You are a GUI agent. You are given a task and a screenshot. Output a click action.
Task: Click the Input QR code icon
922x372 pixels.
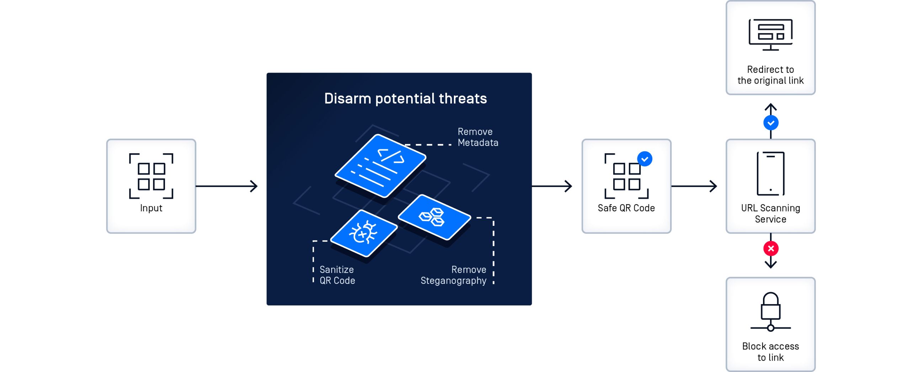pyautogui.click(x=151, y=176)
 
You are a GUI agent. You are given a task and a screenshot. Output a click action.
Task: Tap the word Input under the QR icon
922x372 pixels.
pyautogui.click(x=151, y=208)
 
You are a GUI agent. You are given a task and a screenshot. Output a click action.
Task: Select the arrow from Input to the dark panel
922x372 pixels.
pyautogui.click(x=227, y=186)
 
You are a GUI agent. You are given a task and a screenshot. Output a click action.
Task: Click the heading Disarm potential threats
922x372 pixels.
pyautogui.click(x=405, y=99)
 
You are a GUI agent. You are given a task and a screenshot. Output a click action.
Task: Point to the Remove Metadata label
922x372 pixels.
pyautogui.click(x=477, y=137)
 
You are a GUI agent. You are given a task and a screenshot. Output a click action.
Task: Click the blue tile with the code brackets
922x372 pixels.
pyautogui.click(x=380, y=166)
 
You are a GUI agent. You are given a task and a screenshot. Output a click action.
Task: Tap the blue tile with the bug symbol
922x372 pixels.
pyautogui.click(x=364, y=233)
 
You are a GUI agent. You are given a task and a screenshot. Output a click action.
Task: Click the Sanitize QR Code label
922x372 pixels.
pyautogui.click(x=337, y=275)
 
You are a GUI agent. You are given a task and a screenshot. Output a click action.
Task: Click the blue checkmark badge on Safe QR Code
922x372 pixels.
pyautogui.click(x=645, y=159)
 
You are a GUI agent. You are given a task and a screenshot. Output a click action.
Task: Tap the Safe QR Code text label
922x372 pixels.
pyautogui.click(x=626, y=208)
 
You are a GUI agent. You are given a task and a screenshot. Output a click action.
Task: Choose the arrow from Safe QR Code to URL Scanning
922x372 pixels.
pyautogui.click(x=694, y=186)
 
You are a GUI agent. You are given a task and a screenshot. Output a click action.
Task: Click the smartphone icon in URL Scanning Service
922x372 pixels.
pyautogui.click(x=770, y=174)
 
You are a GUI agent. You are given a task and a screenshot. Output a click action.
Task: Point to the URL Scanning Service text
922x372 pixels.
pyautogui.click(x=770, y=213)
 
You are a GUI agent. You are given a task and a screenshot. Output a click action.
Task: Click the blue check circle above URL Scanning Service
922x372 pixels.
pyautogui.click(x=770, y=123)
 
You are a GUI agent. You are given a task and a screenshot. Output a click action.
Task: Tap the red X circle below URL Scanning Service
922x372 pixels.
pyautogui.click(x=770, y=248)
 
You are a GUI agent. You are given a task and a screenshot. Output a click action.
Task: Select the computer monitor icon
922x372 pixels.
pyautogui.click(x=770, y=34)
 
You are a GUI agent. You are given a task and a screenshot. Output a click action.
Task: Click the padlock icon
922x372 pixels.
pyautogui.click(x=770, y=311)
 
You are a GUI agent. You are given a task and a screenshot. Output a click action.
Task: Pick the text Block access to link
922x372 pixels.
pyautogui.click(x=770, y=351)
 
